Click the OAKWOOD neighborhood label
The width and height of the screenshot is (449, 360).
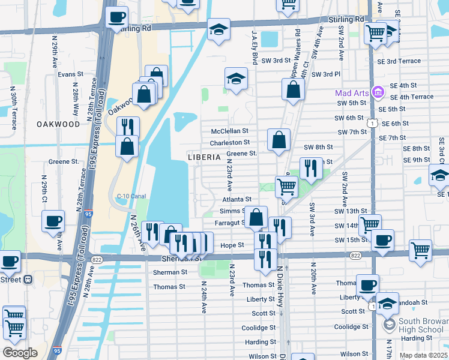pos(58,124)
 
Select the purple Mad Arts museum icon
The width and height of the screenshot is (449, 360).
pos(378,93)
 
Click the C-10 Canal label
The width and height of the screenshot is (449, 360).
pos(131,196)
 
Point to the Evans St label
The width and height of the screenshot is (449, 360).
pos(70,74)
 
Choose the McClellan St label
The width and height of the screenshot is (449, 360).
pos(229,131)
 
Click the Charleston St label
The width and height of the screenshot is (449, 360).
pos(229,143)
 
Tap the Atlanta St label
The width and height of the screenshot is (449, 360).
pos(237,199)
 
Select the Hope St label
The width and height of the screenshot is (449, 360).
pos(232,245)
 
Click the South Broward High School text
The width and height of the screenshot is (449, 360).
pos(421,326)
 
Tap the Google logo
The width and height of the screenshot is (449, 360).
pos(20,353)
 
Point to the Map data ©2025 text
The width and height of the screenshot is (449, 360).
pos(423,355)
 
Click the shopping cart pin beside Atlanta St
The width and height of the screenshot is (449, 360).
pos(286,186)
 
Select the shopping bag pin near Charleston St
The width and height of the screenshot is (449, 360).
pos(279,140)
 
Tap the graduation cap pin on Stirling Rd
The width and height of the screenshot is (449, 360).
pos(218,29)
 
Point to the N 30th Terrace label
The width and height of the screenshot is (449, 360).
pos(13,107)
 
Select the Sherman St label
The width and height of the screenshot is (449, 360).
pos(170,272)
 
